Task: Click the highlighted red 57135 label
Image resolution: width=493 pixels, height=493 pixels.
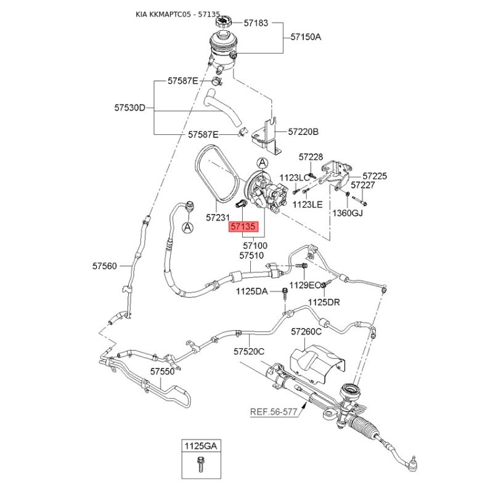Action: coord(243,226)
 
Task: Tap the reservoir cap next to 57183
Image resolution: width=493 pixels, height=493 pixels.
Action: coord(223,22)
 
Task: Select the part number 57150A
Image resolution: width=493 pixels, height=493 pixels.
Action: coord(306,37)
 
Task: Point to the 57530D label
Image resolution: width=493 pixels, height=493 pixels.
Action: coord(129,108)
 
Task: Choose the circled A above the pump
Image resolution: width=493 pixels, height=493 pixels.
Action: coord(263,163)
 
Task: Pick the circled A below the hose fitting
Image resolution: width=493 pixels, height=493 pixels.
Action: coord(188,227)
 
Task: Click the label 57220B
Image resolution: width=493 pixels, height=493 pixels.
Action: coord(303,131)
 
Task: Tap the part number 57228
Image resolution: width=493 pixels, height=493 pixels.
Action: coord(311,157)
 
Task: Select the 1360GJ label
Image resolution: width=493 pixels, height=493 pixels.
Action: coord(348,213)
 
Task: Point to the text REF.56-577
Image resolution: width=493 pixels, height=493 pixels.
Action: coord(274,412)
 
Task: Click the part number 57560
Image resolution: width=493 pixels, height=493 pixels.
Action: coord(104,266)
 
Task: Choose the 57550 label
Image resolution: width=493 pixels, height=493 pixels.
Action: coord(162,372)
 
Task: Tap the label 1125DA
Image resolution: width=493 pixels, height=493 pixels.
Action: coord(252,291)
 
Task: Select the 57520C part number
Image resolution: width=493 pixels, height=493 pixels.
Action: coord(249,351)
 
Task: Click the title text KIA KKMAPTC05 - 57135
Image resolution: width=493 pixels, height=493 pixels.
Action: coord(177,14)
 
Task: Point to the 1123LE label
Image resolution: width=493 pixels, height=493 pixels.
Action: coord(308,205)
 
